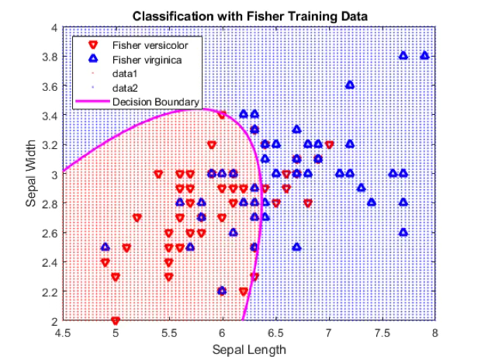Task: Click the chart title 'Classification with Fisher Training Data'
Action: click(249, 16)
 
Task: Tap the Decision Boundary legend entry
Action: click(155, 101)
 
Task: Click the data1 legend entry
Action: click(125, 72)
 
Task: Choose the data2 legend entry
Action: click(125, 86)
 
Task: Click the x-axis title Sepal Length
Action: click(249, 349)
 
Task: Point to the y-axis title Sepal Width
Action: click(32, 174)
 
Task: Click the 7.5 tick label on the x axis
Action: click(382, 332)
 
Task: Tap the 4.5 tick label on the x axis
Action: click(62, 332)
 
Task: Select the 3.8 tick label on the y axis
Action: click(49, 57)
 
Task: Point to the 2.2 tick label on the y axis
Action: click(49, 291)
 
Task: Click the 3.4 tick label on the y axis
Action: click(49, 116)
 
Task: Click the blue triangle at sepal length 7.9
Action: click(424, 56)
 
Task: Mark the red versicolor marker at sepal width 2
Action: click(116, 320)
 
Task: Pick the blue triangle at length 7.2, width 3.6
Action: click(350, 85)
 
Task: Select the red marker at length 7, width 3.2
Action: click(329, 144)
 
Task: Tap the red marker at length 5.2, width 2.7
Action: click(137, 217)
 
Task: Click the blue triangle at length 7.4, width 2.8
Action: click(372, 202)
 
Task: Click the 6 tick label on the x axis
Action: click(222, 332)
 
